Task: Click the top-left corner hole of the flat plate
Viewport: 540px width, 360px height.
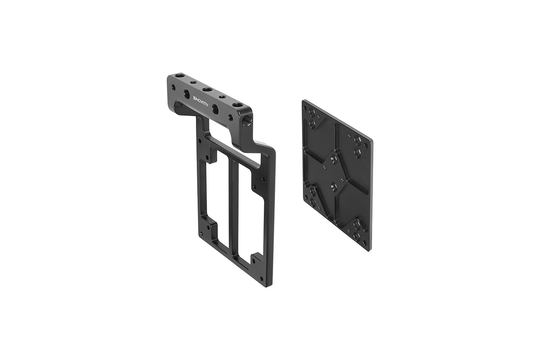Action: (305, 108)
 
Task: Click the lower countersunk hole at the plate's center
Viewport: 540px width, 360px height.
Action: (334, 185)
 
